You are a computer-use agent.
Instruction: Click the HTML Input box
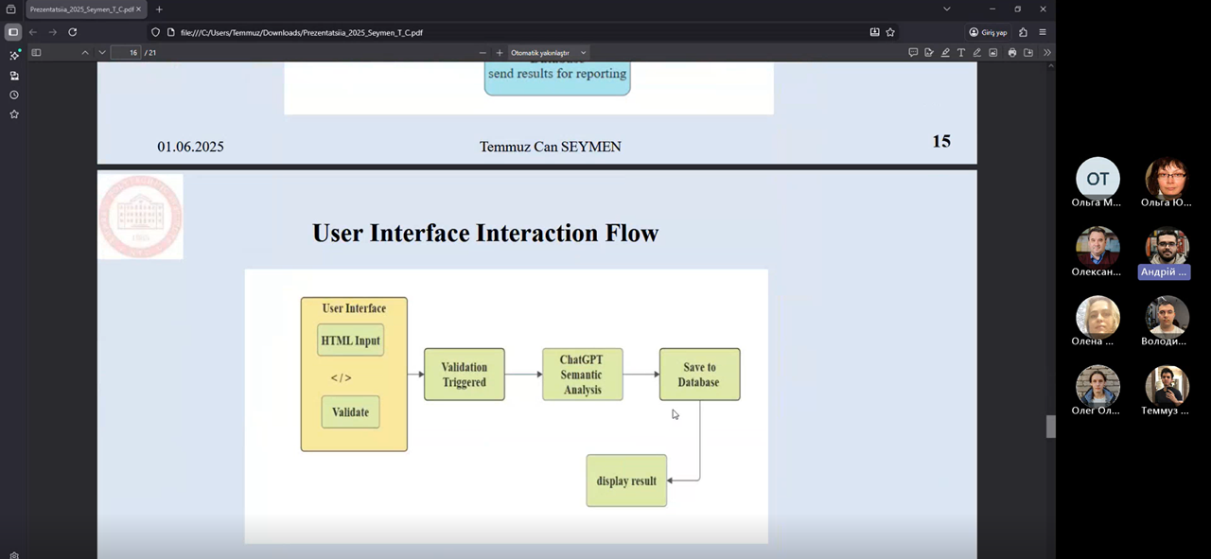[350, 341]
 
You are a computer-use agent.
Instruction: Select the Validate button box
[350, 412]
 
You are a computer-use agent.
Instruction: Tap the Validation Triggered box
[464, 375]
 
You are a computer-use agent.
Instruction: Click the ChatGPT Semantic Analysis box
[582, 375]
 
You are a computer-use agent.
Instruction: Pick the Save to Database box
[699, 375]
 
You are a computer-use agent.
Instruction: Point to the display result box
[626, 480]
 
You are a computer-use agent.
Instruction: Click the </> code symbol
[341, 378]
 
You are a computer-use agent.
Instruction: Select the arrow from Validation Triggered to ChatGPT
[523, 375]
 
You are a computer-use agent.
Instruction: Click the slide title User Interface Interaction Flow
[485, 233]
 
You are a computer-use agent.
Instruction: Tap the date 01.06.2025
[190, 147]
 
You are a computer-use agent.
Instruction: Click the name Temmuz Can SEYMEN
[550, 147]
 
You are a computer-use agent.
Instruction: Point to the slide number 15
[940, 142]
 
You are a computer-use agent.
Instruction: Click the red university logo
[140, 216]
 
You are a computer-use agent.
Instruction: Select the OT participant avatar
[1097, 180]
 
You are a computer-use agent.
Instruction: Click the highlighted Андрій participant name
[1164, 271]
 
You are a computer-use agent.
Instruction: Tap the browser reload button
[72, 32]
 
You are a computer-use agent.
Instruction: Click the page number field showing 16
[126, 53]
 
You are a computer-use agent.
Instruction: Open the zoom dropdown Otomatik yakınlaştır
[549, 53]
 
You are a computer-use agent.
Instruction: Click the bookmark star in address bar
[890, 32]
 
